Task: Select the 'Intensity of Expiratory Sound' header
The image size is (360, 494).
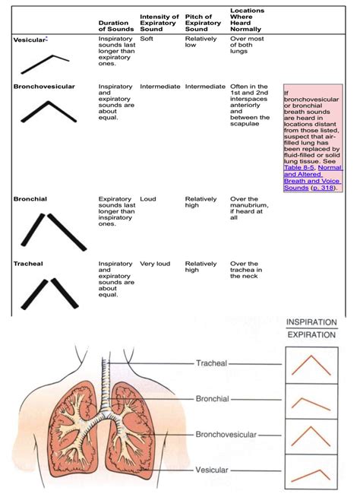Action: click(159, 23)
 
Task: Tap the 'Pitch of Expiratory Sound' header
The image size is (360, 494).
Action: click(202, 23)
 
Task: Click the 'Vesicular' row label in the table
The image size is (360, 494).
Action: click(30, 38)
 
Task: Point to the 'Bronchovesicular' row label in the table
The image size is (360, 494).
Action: click(44, 87)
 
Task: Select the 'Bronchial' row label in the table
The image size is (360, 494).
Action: click(30, 198)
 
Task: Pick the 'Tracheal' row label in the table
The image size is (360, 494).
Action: click(29, 264)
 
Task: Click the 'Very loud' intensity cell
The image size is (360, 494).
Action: click(156, 264)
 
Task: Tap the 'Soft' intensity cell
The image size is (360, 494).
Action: click(147, 38)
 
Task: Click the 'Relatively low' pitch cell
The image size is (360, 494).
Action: click(201, 42)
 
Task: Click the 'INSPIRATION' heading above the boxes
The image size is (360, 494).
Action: click(311, 323)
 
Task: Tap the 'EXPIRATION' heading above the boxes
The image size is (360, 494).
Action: click(311, 334)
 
